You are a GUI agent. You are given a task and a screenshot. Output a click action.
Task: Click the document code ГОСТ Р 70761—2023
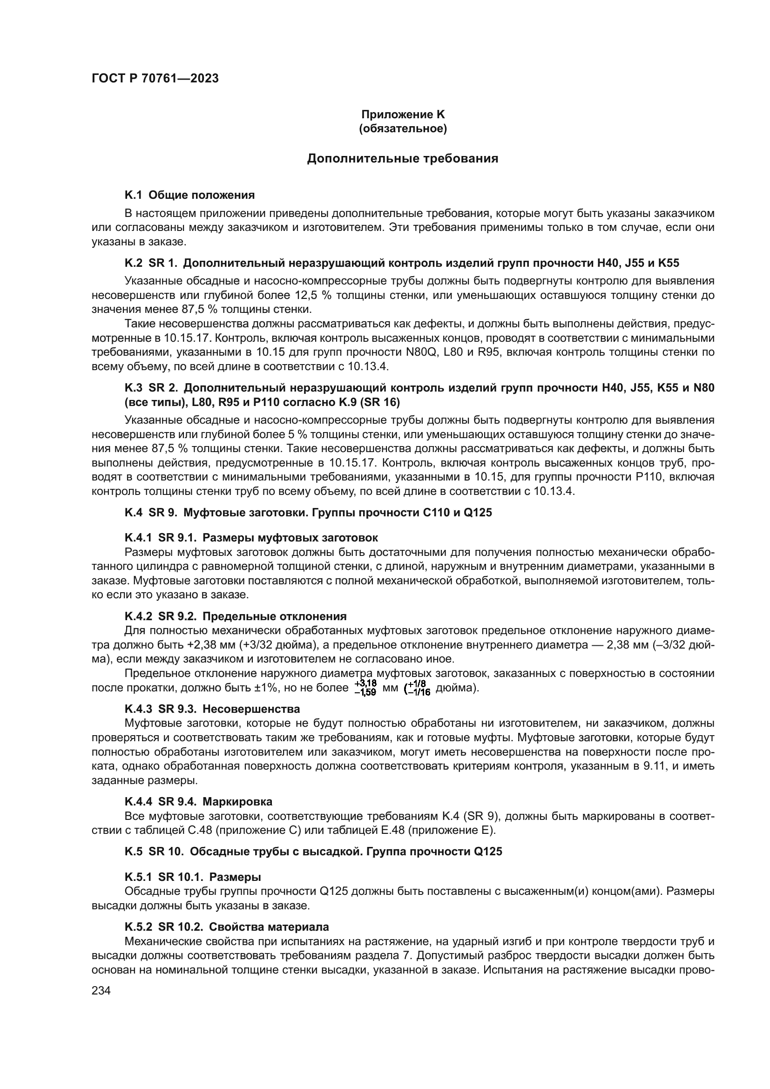[x=155, y=79]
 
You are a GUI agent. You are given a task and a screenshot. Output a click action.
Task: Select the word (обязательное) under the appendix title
[x=403, y=129]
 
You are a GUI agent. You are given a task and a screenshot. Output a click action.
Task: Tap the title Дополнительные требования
[x=403, y=158]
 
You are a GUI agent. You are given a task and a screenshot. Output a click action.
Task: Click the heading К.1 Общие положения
[x=189, y=195]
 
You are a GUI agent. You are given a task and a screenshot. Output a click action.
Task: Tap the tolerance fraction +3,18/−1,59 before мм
[x=365, y=688]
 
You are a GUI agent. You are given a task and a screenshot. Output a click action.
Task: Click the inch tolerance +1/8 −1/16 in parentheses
[x=417, y=688]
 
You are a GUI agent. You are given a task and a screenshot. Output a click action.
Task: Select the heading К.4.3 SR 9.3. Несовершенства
[x=212, y=709]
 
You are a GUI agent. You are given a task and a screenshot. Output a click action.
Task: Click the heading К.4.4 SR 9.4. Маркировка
[x=198, y=802]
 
